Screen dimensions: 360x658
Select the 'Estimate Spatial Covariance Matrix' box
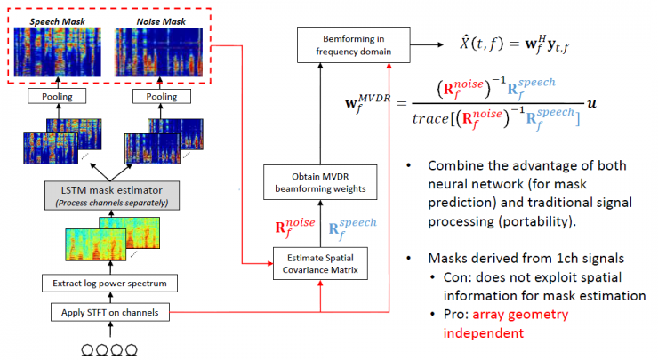(x=321, y=265)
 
